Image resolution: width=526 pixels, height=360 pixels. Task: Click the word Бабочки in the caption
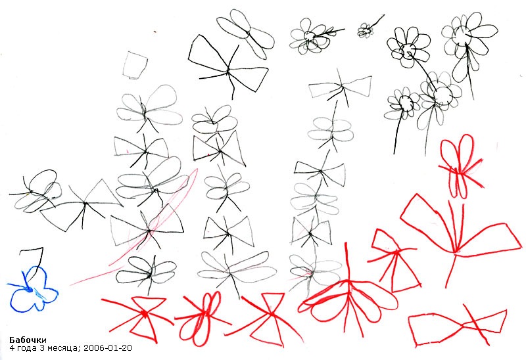pyautogui.click(x=28, y=340)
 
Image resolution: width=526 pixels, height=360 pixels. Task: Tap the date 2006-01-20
pyautogui.click(x=108, y=348)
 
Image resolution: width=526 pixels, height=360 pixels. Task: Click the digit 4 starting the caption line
pyautogui.click(x=12, y=348)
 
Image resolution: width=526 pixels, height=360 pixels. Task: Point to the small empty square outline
pyautogui.click(x=135, y=65)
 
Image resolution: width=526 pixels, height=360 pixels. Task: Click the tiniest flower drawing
pyautogui.click(x=365, y=30)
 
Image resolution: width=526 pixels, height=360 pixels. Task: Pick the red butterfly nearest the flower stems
pyautogui.click(x=460, y=167)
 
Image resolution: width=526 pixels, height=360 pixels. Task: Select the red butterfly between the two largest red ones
pyautogui.click(x=394, y=258)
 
